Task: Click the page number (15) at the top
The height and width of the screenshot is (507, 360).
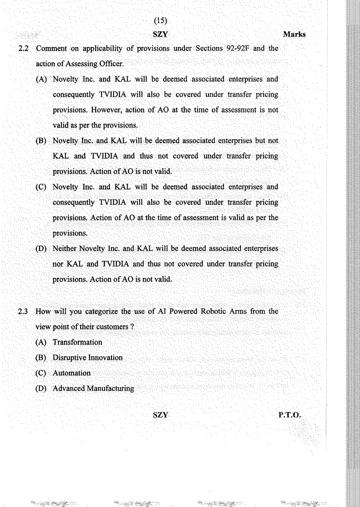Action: point(160,21)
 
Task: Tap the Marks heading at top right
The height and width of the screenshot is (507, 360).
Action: point(294,34)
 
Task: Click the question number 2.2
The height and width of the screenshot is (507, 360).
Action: point(24,48)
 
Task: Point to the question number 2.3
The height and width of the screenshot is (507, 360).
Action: point(23,312)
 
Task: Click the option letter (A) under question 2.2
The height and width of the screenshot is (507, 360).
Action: point(41,79)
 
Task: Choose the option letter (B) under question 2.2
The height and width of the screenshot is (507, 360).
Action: point(41,141)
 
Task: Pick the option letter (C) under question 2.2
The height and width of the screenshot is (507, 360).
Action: point(41,187)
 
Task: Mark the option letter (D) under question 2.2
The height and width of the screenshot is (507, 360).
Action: point(41,249)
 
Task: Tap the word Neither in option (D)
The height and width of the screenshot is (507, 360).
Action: point(65,249)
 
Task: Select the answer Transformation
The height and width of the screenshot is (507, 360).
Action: point(77,342)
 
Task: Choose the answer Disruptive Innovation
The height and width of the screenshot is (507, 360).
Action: point(87,357)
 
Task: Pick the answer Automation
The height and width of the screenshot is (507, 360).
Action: point(71,373)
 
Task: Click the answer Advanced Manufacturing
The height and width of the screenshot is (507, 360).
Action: point(93,388)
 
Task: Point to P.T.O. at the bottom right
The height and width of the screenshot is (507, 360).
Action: point(290,415)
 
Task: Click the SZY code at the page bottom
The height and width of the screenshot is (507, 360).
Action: point(160,415)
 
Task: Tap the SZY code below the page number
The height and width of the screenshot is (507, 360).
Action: point(160,34)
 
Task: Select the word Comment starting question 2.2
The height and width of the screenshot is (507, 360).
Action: point(51,48)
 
